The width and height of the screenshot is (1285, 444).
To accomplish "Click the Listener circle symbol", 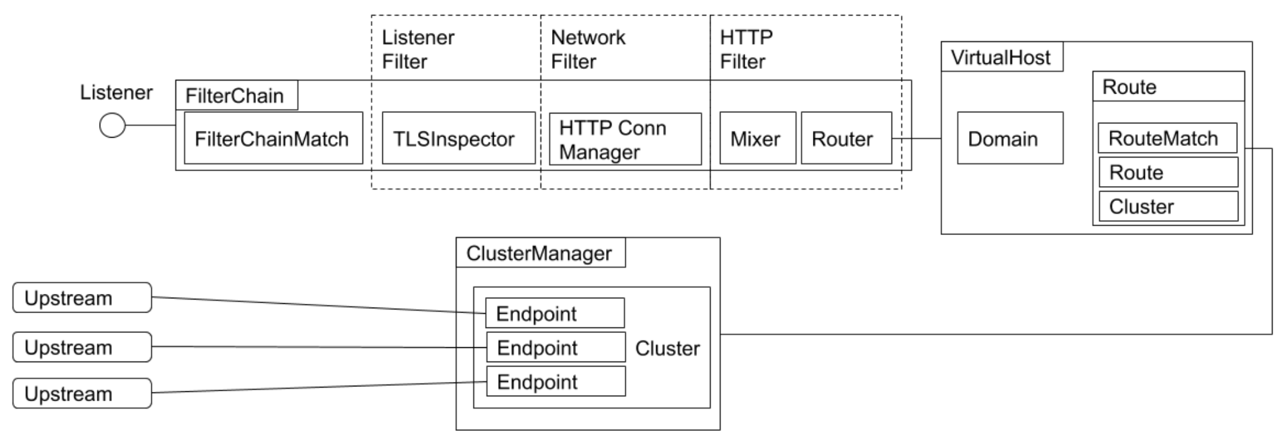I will (x=112, y=125).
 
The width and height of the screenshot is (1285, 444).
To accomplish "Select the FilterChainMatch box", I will (x=273, y=138).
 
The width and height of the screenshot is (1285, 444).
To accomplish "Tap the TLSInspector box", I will (x=458, y=138).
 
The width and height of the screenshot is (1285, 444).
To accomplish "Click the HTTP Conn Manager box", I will (x=625, y=140).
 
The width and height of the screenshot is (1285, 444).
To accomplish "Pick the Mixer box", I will (x=757, y=138).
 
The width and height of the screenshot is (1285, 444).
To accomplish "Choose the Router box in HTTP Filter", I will (x=846, y=138).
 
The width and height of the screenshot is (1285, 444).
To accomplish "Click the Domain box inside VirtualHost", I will (x=1009, y=138).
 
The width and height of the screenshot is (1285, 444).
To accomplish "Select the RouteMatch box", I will (x=1167, y=138).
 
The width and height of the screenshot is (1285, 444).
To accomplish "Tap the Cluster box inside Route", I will (x=1168, y=206).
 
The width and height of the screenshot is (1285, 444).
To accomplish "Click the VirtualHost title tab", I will (x=1001, y=58).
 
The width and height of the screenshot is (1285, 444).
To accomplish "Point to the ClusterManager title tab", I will (x=540, y=253).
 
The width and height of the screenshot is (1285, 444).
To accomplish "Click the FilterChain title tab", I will (x=235, y=95).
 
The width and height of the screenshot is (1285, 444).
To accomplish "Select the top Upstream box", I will (x=82, y=298).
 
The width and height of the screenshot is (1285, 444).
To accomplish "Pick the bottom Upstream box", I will (x=82, y=394).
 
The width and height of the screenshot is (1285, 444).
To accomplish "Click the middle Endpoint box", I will (x=555, y=348).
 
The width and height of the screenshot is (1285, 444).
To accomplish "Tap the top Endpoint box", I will (x=554, y=314).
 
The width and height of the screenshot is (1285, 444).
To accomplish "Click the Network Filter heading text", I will (x=587, y=50).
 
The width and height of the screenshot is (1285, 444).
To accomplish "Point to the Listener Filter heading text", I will (x=418, y=50).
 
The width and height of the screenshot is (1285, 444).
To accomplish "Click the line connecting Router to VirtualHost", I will (x=917, y=139).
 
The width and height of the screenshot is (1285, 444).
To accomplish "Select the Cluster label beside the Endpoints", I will (x=667, y=349).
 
